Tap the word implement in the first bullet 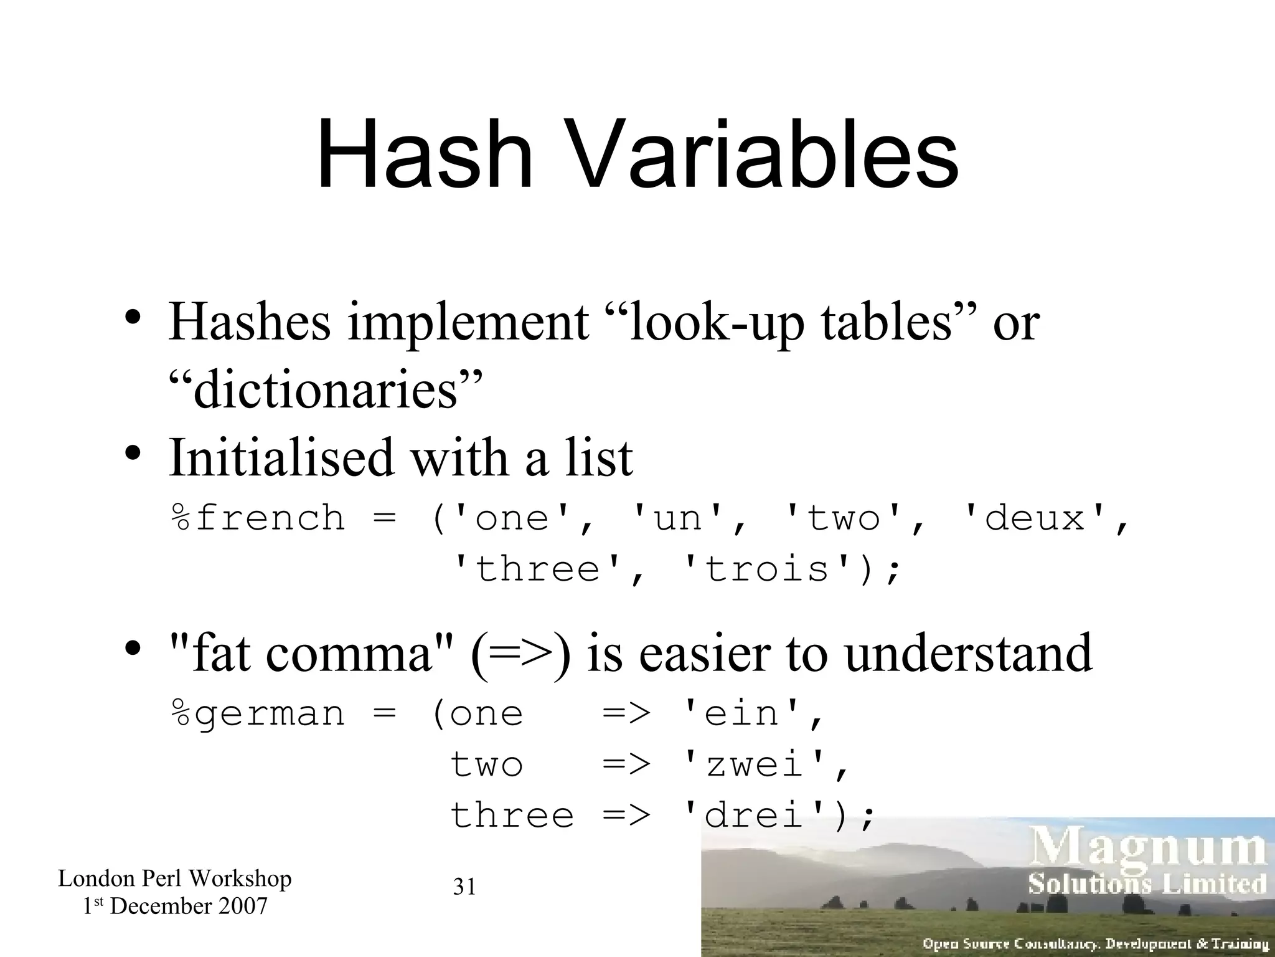click(467, 322)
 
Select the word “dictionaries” click(326, 389)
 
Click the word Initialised click(281, 457)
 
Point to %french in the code click(258, 518)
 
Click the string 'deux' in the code click(1034, 518)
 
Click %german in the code click(258, 714)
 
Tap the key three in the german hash click(512, 816)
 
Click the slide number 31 click(464, 887)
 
